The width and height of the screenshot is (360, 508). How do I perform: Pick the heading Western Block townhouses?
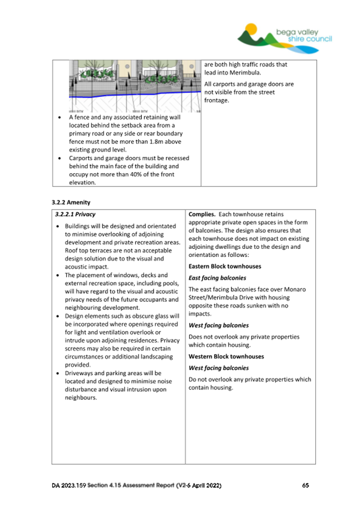226,356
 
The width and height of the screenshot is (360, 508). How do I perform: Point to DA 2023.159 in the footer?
69,486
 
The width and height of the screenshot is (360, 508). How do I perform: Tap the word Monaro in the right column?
294,289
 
